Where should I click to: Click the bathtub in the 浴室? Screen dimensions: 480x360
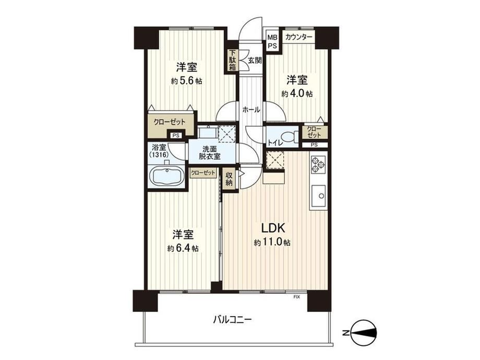166,177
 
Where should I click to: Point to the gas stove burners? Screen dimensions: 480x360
318,165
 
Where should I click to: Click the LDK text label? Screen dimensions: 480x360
273,228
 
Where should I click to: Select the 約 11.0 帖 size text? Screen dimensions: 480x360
272,243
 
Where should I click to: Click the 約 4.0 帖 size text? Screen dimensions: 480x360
297,94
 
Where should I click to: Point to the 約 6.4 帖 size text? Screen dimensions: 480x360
183,248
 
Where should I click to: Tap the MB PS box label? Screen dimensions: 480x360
272,42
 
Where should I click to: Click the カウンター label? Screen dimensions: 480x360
299,38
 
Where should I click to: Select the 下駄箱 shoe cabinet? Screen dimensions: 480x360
233,61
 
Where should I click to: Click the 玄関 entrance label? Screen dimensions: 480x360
255,61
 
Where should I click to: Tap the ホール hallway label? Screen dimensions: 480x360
251,109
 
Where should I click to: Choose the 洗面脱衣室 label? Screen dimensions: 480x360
210,152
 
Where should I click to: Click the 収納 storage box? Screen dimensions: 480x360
229,179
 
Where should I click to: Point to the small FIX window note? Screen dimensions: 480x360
296,297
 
